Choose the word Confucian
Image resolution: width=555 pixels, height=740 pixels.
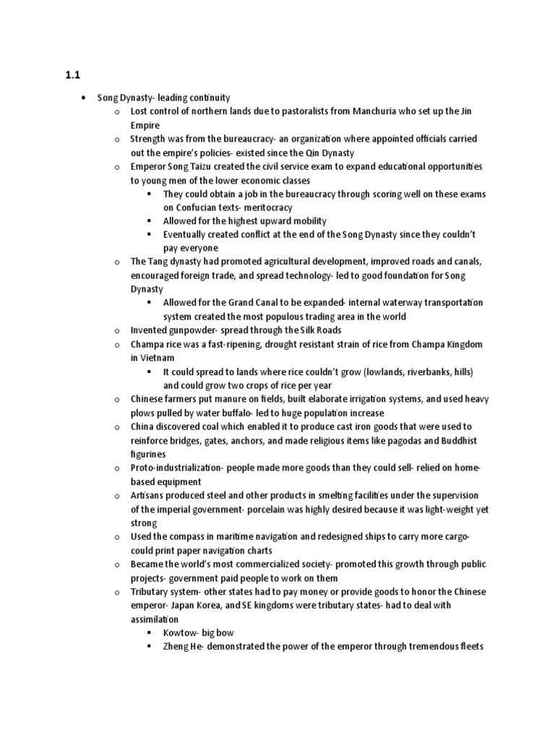coord(198,207)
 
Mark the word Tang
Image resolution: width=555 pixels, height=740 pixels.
coord(158,262)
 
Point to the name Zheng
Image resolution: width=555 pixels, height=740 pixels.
coord(178,647)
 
